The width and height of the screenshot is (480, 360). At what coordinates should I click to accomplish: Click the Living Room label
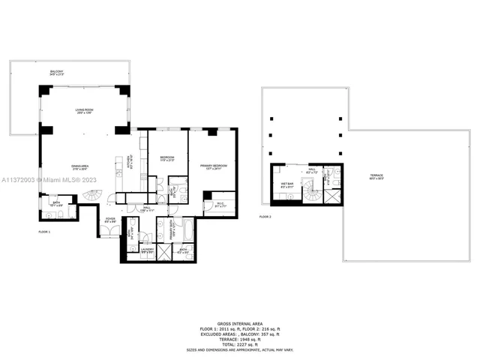(83, 112)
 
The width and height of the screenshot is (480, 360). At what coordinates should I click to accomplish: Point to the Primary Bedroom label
(213, 166)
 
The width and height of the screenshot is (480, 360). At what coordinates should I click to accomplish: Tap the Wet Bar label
(286, 184)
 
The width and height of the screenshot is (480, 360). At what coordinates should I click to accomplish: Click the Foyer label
(110, 220)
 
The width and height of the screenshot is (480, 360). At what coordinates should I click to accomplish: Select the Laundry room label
(147, 252)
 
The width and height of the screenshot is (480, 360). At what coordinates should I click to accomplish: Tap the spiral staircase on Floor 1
(90, 196)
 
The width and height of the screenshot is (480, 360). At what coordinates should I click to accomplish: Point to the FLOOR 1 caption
(44, 232)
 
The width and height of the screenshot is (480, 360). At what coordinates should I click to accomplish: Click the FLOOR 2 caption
(265, 217)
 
